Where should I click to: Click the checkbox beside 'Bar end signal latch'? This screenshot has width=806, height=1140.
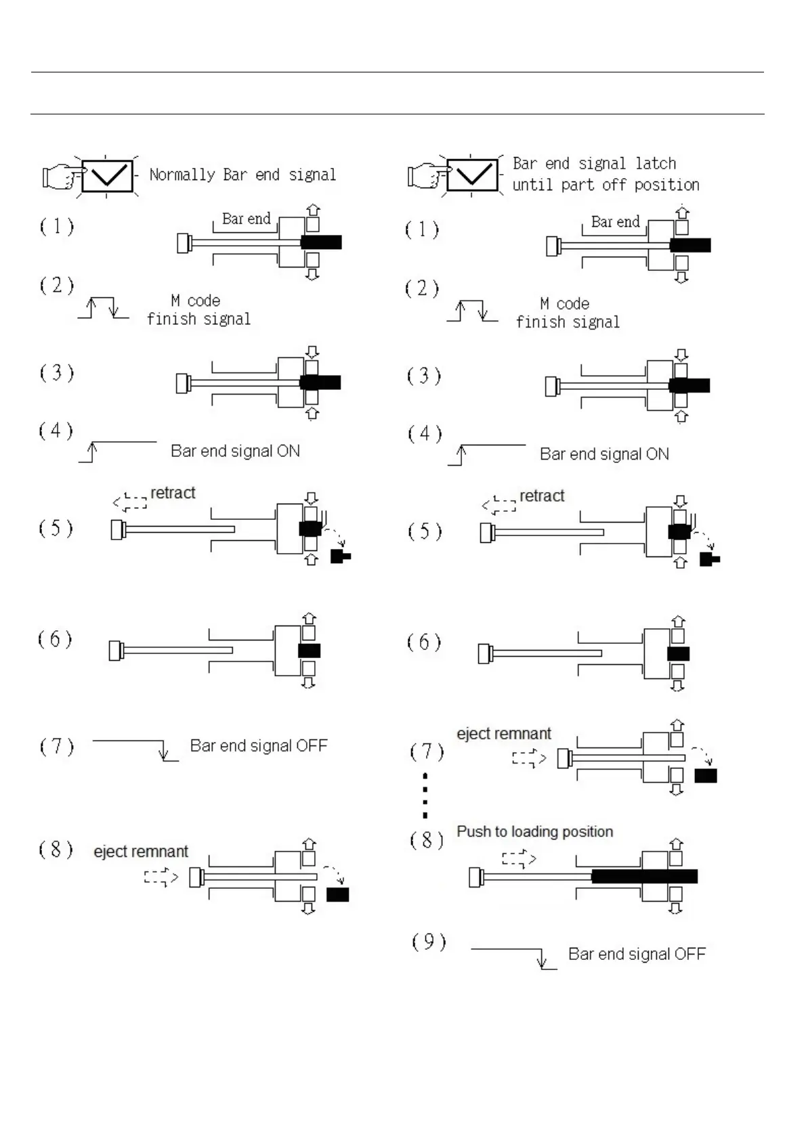click(473, 176)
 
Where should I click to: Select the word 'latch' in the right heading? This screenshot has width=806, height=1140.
click(656, 164)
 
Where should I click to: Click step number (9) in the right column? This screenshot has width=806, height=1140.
click(429, 942)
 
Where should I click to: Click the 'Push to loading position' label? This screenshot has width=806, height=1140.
click(534, 831)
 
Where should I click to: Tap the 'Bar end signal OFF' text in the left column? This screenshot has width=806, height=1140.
click(259, 746)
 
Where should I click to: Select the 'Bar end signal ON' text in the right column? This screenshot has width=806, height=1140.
click(604, 454)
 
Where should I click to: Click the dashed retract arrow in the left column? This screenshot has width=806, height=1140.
click(130, 502)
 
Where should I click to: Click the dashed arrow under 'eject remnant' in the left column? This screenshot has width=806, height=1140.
click(161, 877)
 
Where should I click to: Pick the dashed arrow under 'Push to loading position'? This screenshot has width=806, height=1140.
click(519, 859)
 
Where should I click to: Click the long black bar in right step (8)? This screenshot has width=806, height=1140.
click(644, 876)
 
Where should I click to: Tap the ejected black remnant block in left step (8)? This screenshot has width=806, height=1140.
click(337, 894)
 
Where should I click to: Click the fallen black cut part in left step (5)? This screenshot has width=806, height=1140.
click(339, 557)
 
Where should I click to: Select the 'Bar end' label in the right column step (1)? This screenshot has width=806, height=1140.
click(615, 222)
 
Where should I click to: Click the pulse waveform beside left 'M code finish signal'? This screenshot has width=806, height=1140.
click(104, 307)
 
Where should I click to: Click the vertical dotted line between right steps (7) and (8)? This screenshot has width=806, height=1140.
click(425, 796)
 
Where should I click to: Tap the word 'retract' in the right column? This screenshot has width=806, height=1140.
click(542, 496)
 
